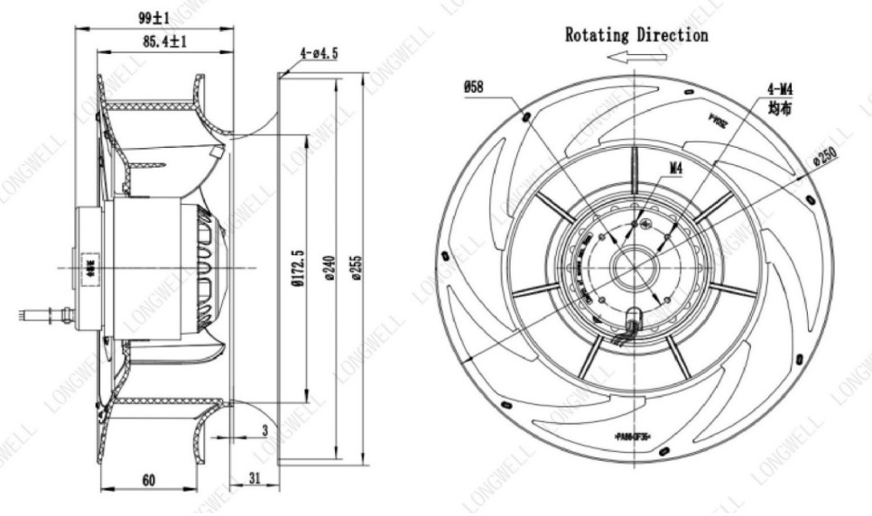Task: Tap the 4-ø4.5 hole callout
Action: pos(316,53)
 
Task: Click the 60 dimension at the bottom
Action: pos(148,480)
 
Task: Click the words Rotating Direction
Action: pos(636,35)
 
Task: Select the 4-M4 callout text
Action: pos(780,89)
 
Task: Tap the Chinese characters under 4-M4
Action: pos(780,108)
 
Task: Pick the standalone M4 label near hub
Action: pos(677,168)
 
